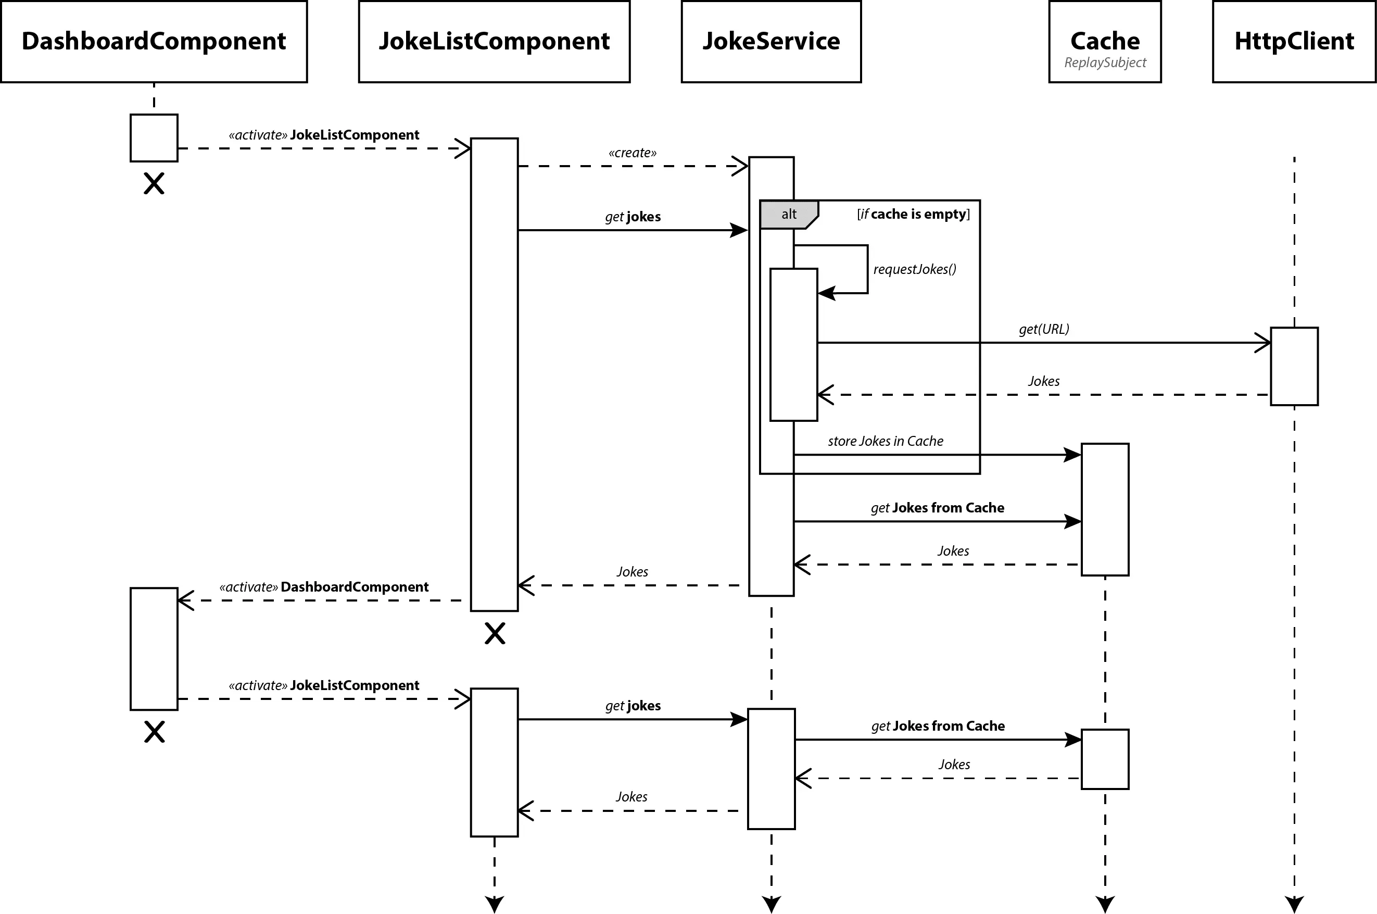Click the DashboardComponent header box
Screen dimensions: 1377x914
(154, 41)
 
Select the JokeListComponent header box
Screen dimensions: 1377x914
(494, 41)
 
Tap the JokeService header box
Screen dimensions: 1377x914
(771, 41)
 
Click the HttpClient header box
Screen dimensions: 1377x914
(1294, 41)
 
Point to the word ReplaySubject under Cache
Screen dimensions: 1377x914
(1105, 62)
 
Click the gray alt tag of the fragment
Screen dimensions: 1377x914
(789, 215)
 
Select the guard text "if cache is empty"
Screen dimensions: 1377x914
(913, 214)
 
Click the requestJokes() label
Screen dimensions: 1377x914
(914, 269)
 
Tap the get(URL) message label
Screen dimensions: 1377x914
(1044, 329)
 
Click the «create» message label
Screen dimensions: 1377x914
(632, 153)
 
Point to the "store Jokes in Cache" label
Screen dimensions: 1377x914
(885, 441)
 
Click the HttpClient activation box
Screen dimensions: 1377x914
(1294, 366)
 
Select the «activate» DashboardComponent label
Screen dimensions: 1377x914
(323, 587)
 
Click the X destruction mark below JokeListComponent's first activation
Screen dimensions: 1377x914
(495, 633)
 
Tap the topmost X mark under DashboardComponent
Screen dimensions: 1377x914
(154, 184)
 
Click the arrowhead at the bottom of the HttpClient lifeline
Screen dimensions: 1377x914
(1294, 905)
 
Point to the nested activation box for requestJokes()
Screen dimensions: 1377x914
(794, 344)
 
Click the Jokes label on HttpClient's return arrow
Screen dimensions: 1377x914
(1044, 381)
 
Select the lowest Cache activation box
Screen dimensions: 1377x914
(1105, 759)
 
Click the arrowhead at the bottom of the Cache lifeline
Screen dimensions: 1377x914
(1105, 905)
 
